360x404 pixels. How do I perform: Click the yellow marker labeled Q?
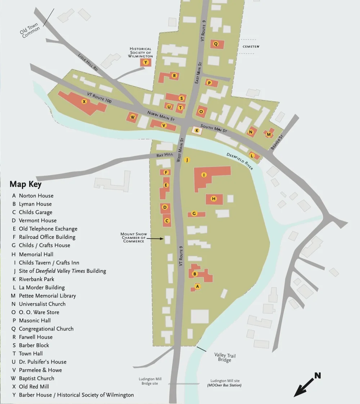(x=216, y=44)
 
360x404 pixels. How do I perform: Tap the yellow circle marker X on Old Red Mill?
(x=84, y=101)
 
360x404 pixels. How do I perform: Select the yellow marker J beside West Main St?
(x=186, y=160)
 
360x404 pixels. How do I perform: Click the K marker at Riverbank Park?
(x=197, y=131)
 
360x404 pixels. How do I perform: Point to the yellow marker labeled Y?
(x=145, y=62)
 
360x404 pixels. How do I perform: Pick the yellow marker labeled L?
(x=252, y=156)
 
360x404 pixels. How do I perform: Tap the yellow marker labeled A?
(x=197, y=286)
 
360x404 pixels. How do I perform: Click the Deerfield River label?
(x=240, y=161)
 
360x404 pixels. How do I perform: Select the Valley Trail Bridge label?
(x=225, y=357)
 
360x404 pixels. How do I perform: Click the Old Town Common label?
(x=30, y=31)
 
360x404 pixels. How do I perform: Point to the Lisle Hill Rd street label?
(x=88, y=62)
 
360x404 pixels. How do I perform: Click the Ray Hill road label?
(x=165, y=155)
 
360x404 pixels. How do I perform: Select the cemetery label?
(x=251, y=47)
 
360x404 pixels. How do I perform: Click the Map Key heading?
(x=25, y=184)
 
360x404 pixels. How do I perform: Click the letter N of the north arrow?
(x=317, y=376)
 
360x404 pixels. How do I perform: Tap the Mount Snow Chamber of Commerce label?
(x=134, y=237)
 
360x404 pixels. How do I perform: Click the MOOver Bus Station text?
(x=224, y=385)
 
